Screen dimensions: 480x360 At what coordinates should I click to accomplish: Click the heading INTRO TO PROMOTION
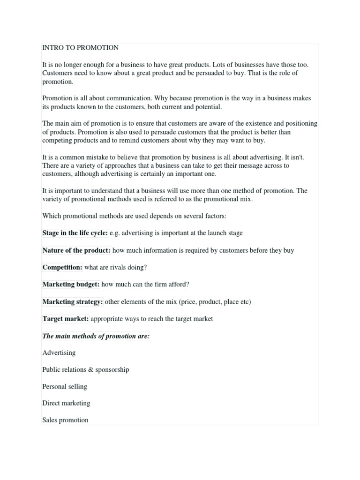coord(80,48)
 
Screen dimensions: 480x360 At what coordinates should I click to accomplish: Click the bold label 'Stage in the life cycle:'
coord(75,233)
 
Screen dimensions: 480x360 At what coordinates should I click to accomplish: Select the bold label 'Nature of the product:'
coord(76,250)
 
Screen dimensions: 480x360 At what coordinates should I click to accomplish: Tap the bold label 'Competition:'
coord(62,267)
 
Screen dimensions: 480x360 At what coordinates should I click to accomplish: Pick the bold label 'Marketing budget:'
coord(71,285)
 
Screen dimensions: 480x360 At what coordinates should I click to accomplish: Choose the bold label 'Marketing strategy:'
coord(73,302)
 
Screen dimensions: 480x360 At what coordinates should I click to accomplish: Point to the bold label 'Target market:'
coord(65,319)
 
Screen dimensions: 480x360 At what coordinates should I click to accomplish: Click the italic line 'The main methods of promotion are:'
coord(96,336)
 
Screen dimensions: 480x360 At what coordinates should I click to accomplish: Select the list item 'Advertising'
coord(59,352)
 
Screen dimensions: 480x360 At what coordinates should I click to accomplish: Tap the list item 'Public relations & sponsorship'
coord(85,369)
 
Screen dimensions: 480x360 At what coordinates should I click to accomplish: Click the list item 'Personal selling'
coord(65,387)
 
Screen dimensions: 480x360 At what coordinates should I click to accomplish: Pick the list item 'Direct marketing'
coord(66,403)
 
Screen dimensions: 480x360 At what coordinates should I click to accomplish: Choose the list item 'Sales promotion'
coord(65,420)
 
